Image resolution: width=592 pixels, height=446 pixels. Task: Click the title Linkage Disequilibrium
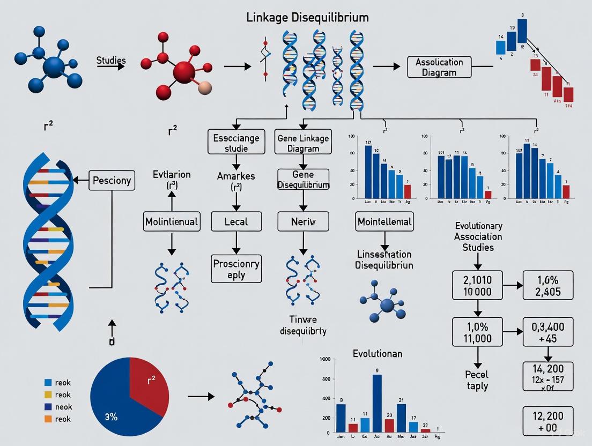(307, 17)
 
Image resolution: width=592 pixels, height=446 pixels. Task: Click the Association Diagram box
(439, 67)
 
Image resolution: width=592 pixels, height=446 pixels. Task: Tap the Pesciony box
(112, 180)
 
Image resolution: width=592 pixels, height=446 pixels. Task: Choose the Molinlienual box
(172, 221)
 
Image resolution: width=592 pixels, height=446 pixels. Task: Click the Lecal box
(236, 221)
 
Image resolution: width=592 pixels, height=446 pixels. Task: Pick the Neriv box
(303, 221)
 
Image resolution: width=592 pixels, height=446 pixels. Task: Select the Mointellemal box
(384, 221)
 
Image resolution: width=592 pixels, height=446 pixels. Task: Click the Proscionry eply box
(236, 269)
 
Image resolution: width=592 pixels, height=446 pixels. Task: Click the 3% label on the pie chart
(111, 417)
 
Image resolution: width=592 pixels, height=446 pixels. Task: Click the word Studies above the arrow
(111, 60)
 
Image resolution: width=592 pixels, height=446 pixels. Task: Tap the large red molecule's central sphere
(184, 71)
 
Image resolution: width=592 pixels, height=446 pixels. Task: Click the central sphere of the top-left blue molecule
(53, 68)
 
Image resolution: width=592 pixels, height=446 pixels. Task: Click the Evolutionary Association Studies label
(478, 236)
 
